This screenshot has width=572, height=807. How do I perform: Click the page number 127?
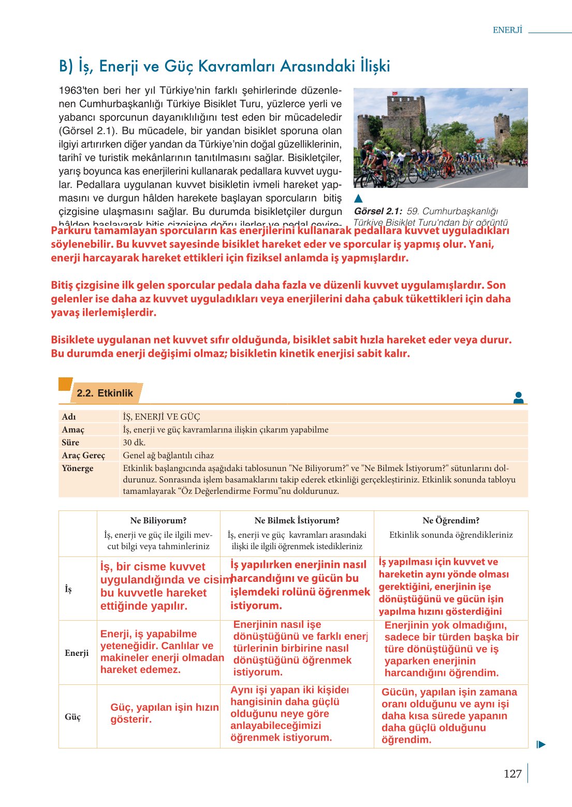pyautogui.click(x=512, y=774)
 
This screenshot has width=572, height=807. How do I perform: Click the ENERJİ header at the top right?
pyautogui.click(x=507, y=30)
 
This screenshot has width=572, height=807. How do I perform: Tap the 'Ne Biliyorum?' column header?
pyautogui.click(x=158, y=520)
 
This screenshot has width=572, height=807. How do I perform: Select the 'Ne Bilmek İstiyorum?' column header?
pyautogui.click(x=297, y=520)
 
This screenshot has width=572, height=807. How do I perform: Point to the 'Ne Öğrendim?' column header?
pyautogui.click(x=451, y=520)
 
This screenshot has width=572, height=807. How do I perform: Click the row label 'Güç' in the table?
pyautogui.click(x=73, y=717)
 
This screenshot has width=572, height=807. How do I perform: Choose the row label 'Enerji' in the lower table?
pyautogui.click(x=77, y=653)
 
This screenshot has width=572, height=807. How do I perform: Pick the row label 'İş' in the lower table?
pyautogui.click(x=68, y=589)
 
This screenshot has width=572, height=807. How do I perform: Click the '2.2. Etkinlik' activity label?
pyautogui.click(x=105, y=393)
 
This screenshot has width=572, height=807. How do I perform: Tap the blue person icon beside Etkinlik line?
pyautogui.click(x=518, y=398)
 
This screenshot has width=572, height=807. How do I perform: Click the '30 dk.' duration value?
pyautogui.click(x=134, y=443)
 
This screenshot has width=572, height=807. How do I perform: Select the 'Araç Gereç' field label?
pyautogui.click(x=83, y=456)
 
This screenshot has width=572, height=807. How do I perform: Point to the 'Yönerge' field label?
pyautogui.click(x=78, y=468)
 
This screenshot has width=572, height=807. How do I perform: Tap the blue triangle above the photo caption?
pyautogui.click(x=358, y=198)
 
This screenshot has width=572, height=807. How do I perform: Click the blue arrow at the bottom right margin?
pyautogui.click(x=541, y=745)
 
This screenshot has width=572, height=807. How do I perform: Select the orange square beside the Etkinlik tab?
pyautogui.click(x=65, y=384)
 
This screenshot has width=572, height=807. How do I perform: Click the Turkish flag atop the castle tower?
pyautogui.click(x=395, y=93)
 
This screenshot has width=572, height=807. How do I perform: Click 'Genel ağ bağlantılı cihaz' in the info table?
pyautogui.click(x=168, y=456)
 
